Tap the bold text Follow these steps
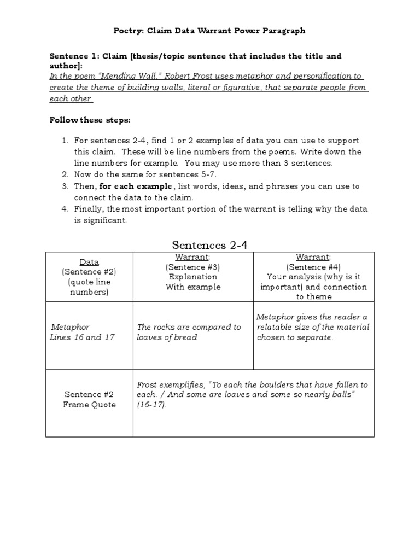pos(90,120)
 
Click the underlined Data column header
pos(89,262)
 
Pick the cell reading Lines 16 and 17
pos(83,337)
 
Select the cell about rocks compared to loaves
pos(189,332)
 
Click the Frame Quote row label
pos(89,405)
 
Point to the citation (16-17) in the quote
pos(151,405)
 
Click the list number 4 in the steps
pos(65,209)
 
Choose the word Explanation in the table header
pos(192,277)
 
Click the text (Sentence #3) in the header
pos(192,267)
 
